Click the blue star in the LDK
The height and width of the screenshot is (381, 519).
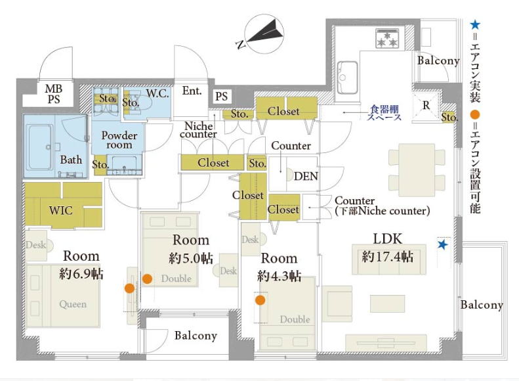click(x=442, y=245)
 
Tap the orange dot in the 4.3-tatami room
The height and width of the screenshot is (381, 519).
click(x=260, y=300)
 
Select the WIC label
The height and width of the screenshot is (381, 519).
click(x=60, y=210)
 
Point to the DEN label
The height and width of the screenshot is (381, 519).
click(x=306, y=176)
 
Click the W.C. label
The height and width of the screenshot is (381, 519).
click(x=157, y=93)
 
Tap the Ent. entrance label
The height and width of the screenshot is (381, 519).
click(x=192, y=91)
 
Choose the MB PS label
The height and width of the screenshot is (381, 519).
click(x=54, y=94)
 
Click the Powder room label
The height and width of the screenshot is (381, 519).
click(x=119, y=140)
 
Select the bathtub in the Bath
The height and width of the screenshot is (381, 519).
click(x=40, y=147)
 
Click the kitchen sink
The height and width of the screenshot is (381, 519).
click(x=347, y=78)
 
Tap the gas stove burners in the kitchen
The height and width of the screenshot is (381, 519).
click(x=387, y=39)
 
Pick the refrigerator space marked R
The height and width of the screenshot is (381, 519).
click(x=426, y=106)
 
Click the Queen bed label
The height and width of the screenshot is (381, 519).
click(x=73, y=303)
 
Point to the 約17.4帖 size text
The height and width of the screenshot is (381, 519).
click(x=387, y=256)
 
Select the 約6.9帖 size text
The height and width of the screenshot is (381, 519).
click(x=81, y=274)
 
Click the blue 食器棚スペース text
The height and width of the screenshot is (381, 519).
click(x=384, y=112)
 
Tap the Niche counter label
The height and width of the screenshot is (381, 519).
click(x=198, y=130)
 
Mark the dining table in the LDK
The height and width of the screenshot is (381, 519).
click(x=417, y=170)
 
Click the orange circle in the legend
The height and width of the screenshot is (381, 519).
click(x=475, y=115)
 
